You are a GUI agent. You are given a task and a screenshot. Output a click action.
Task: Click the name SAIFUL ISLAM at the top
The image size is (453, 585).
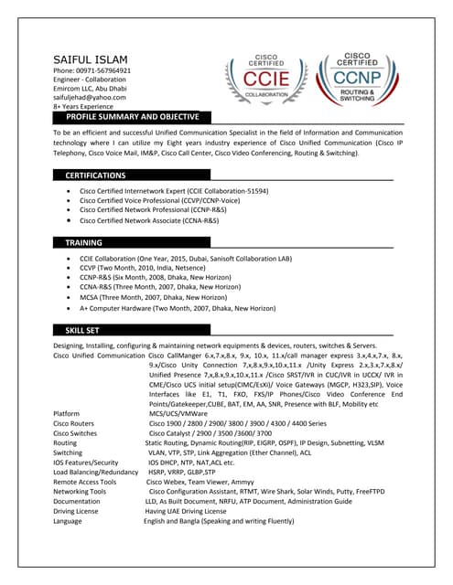tap(92, 59)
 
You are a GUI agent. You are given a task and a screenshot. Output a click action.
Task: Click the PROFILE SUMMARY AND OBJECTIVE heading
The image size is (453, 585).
tap(132, 118)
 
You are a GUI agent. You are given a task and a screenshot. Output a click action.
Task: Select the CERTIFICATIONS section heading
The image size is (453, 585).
tap(95, 175)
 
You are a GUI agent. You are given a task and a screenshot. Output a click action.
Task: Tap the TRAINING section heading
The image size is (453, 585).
tap(83, 243)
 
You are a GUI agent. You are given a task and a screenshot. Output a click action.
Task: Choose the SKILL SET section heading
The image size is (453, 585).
tap(81, 329)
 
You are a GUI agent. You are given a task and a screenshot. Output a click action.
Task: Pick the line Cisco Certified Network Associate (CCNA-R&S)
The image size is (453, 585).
tap(149, 221)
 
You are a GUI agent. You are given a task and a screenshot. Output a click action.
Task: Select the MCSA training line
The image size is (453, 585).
tap(153, 298)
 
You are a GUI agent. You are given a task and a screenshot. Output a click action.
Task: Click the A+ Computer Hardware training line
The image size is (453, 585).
tap(177, 309)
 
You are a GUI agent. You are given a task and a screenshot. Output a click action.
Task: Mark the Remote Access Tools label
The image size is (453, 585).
tap(84, 482)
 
